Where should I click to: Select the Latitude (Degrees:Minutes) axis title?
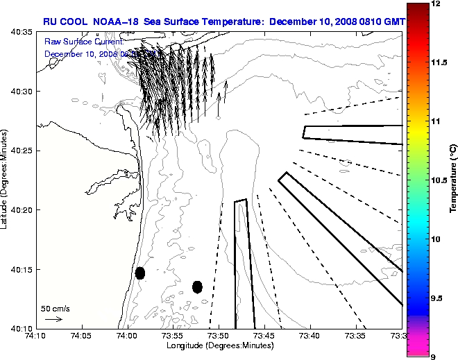click(5, 180)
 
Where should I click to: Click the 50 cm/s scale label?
click(55, 308)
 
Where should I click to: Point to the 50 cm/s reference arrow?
click(53, 319)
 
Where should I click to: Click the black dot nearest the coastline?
click(140, 273)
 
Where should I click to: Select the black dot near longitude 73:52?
click(197, 286)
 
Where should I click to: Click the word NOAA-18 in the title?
click(112, 22)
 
